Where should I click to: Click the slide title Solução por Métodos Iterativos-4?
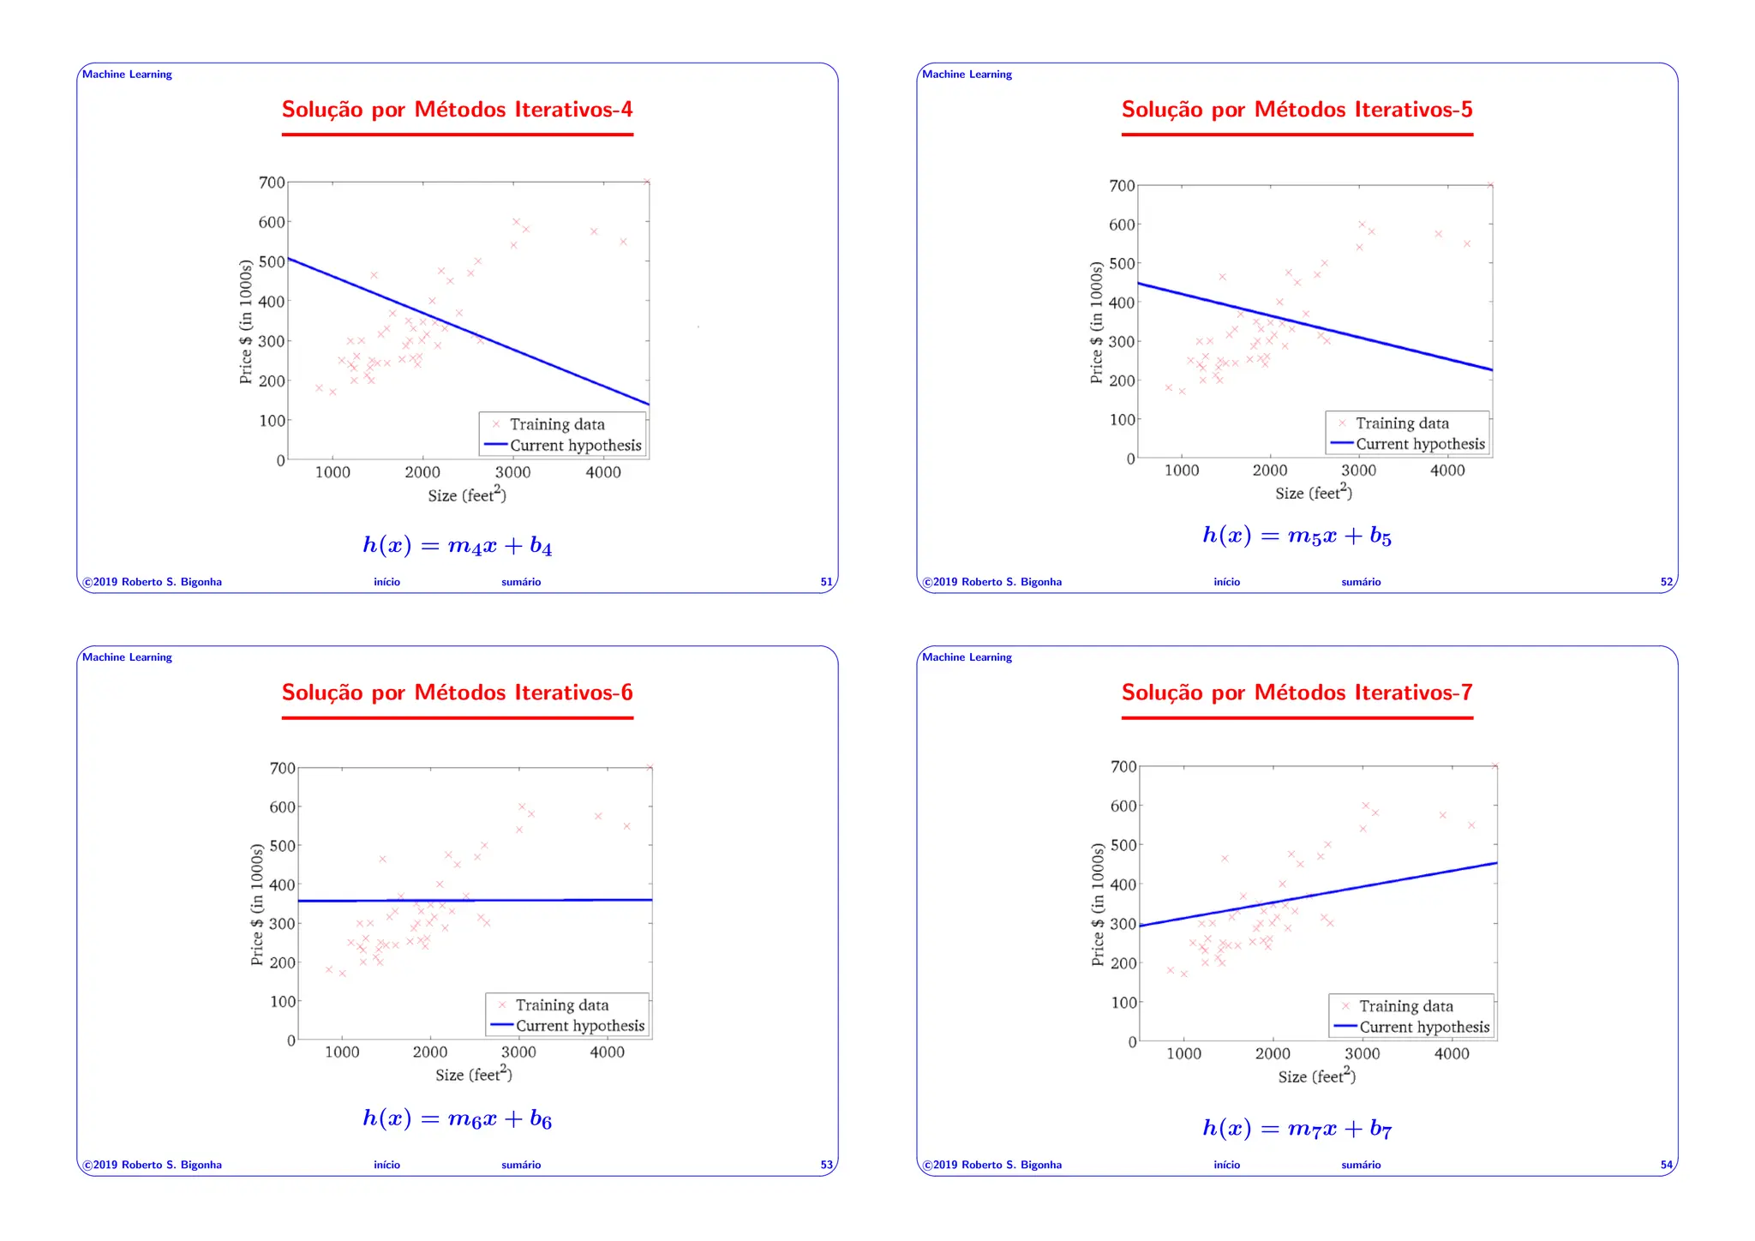coord(457,110)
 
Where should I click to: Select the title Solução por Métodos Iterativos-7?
coord(1297,692)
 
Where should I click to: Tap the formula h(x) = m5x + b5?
coord(1297,537)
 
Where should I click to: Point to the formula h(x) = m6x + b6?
coord(457,1118)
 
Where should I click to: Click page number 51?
coord(826,582)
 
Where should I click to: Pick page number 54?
coord(1666,1165)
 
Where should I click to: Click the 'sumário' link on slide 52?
coord(1361,582)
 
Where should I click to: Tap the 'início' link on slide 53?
coord(386,1165)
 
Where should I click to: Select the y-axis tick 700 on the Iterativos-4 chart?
coord(272,183)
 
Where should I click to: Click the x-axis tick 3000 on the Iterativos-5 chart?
coord(1358,471)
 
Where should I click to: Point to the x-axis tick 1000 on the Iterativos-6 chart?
coord(342,1052)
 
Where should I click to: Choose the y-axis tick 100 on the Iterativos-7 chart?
coord(1123,1003)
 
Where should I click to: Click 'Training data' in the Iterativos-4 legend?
coord(557,424)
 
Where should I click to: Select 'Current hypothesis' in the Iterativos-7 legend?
coord(1424,1027)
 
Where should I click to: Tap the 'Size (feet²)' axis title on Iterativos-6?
coord(473,1075)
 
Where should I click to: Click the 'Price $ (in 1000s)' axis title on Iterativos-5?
coord(1096,322)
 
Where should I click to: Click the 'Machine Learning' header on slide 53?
coord(127,657)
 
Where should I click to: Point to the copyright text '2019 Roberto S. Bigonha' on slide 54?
coord(997,1165)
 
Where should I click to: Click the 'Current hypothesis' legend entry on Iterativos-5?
coord(1420,444)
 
